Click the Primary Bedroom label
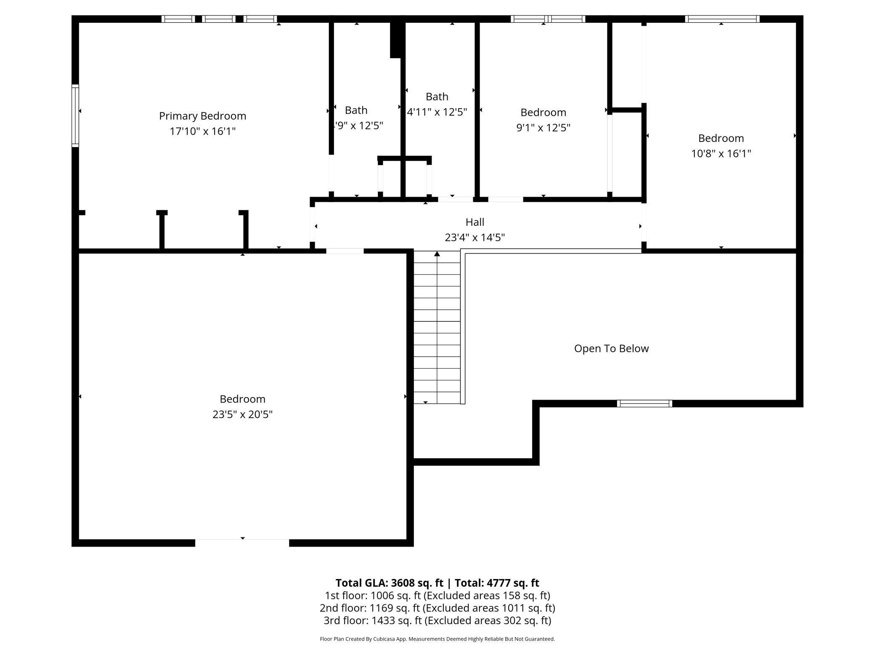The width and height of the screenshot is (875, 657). tap(202, 116)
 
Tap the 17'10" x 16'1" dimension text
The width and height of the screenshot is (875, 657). tap(202, 131)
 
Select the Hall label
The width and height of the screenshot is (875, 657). tap(475, 222)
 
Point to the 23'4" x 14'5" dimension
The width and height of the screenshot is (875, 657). tap(475, 238)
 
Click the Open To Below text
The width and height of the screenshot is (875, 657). tap(611, 348)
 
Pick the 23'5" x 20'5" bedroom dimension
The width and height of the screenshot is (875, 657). tap(242, 414)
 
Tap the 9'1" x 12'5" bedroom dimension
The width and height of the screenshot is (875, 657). tap(543, 128)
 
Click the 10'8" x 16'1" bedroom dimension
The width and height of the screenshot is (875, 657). tap(721, 153)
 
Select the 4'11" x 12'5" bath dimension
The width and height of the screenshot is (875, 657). tap(437, 112)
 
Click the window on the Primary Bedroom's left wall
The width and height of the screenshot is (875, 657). tap(75, 116)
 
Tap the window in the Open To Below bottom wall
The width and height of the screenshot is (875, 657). tap(644, 403)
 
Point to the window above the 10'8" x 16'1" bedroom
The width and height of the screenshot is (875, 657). tap(722, 19)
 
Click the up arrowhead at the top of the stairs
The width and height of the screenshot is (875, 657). tap(437, 254)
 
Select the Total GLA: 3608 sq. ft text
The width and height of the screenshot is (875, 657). tap(389, 583)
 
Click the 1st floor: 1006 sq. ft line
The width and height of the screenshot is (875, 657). tap(437, 596)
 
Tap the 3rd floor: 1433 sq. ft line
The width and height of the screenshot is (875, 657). tap(437, 620)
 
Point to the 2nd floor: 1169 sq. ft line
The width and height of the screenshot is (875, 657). tap(437, 608)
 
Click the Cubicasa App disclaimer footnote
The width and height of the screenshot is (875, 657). tap(437, 639)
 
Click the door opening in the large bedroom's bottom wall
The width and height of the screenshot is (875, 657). tap(242, 543)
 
